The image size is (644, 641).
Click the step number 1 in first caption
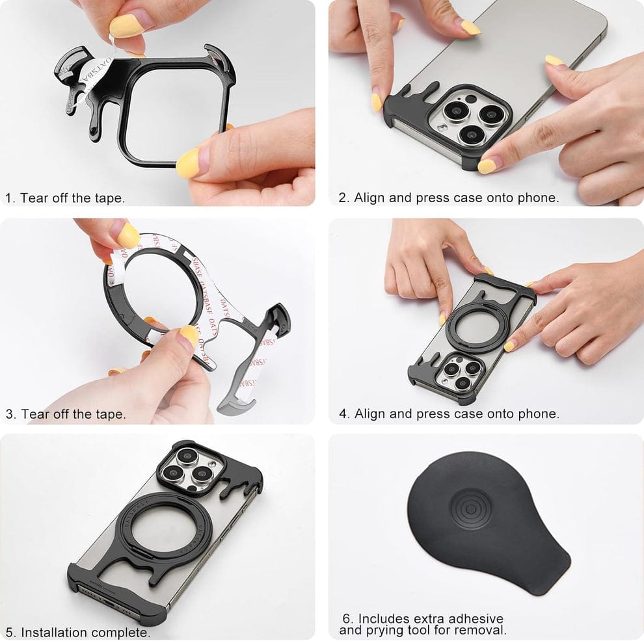click(9, 198)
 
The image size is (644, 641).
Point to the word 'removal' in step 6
click(483, 630)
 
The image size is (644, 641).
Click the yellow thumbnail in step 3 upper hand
click(127, 235)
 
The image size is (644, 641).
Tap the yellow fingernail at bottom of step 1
click(189, 162)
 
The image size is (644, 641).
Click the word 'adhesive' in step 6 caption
click(470, 618)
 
